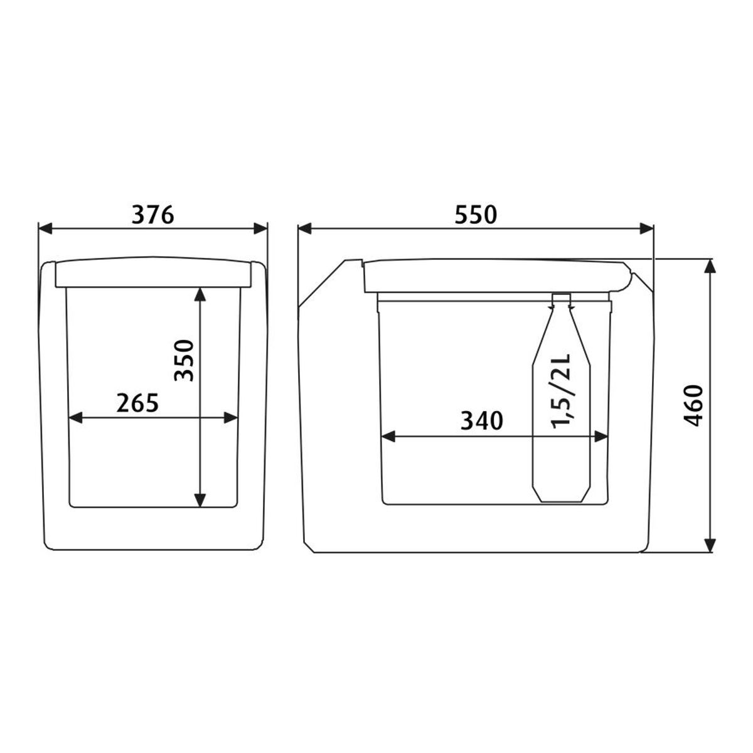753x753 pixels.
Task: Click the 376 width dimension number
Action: pos(152,215)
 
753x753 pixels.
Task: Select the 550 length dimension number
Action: pos(475,215)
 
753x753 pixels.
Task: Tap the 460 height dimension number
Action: pos(693,405)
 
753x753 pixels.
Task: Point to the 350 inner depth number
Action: pos(184,360)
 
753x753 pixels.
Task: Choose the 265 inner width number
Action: pos(137,403)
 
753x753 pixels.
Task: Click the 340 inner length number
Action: pos(482,420)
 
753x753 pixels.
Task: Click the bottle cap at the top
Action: pos(562,299)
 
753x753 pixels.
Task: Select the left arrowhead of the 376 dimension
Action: pos(45,228)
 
